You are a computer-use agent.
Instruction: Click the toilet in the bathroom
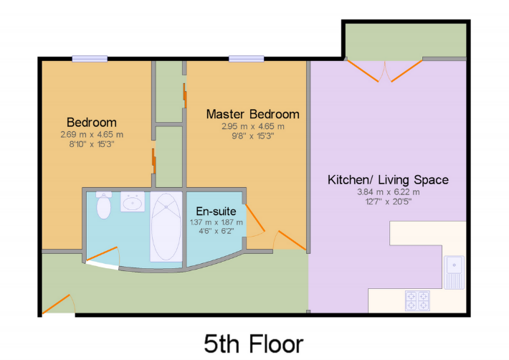[x=104, y=205]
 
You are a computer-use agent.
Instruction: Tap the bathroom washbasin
[x=133, y=202]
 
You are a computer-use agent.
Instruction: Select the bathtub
[x=166, y=227]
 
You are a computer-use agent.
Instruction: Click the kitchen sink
[x=454, y=273]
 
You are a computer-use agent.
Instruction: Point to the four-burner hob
[x=417, y=300]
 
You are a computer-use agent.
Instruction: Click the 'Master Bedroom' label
[x=252, y=114]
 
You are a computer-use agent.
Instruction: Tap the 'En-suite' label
[x=216, y=212]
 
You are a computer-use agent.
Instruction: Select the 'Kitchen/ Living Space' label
[x=388, y=179]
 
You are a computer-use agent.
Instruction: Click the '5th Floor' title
[x=254, y=344]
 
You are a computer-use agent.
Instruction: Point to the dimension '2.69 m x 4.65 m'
[x=92, y=134]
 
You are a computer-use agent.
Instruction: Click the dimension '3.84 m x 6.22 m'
[x=389, y=192]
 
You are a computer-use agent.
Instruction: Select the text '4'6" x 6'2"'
[x=217, y=231]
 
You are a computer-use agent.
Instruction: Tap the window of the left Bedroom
[x=90, y=59]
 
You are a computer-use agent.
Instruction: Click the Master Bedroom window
[x=247, y=59]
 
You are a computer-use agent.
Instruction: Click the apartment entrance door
[x=56, y=304]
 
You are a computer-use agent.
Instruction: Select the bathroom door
[x=102, y=254]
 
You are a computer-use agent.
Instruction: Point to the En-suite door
[x=255, y=217]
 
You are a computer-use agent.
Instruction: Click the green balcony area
[x=406, y=42]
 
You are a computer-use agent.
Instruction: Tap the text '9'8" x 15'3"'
[x=252, y=136]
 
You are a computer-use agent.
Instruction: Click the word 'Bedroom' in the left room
[x=92, y=123]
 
